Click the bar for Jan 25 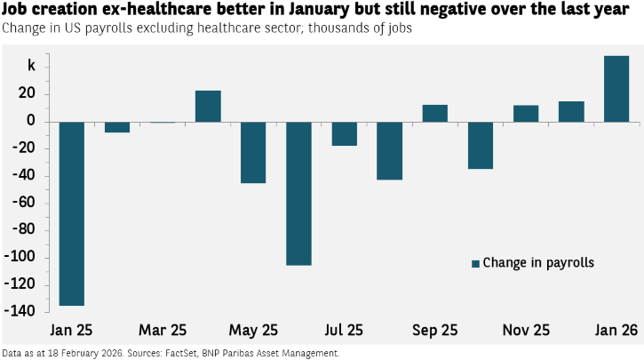click(x=72, y=213)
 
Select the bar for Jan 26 click(x=616, y=89)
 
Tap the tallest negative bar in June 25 click(x=299, y=194)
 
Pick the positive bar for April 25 click(x=208, y=107)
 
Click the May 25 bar click(x=253, y=153)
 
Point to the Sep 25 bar click(x=435, y=114)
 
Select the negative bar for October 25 click(x=481, y=146)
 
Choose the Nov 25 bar click(x=526, y=114)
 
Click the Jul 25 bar click(x=344, y=134)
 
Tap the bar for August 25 click(x=390, y=151)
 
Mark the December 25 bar click(x=571, y=112)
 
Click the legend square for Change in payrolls click(x=475, y=264)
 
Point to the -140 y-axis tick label click(x=20, y=311)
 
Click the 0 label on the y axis click(x=31, y=120)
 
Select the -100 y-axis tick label click(x=20, y=257)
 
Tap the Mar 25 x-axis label click(x=163, y=330)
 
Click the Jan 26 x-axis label click(x=616, y=330)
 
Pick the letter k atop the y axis click(x=31, y=66)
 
